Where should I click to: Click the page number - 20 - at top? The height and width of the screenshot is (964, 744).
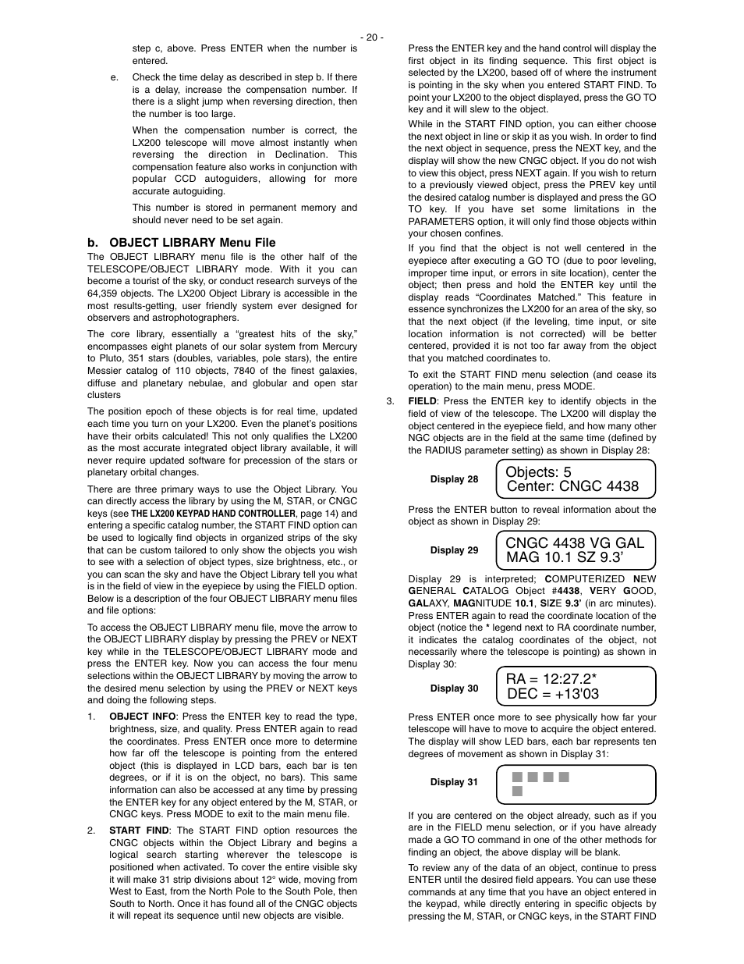click(x=371, y=37)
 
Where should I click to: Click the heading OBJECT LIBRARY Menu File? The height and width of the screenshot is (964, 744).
click(x=181, y=243)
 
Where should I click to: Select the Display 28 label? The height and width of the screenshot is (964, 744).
click(x=454, y=479)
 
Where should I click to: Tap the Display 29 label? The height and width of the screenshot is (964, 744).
click(x=454, y=550)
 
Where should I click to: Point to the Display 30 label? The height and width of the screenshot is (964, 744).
click(x=454, y=688)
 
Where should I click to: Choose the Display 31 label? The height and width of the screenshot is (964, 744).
click(x=454, y=782)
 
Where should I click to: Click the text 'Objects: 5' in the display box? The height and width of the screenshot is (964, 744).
click(x=538, y=471)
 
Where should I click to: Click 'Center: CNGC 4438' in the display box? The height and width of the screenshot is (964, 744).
click(x=572, y=486)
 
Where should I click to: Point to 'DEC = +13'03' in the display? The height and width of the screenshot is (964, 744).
click(x=553, y=694)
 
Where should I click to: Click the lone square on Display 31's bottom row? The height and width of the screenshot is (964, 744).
click(x=517, y=791)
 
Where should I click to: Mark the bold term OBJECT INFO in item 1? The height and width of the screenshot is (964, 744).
click(x=143, y=717)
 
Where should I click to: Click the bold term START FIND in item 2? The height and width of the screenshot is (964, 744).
click(x=139, y=831)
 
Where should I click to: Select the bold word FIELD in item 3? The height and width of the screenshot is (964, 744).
click(x=422, y=401)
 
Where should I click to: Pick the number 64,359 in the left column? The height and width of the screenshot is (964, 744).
click(x=103, y=293)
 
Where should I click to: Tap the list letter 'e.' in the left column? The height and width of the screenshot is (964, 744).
click(x=115, y=77)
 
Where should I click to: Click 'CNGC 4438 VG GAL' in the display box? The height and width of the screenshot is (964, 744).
click(x=575, y=542)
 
